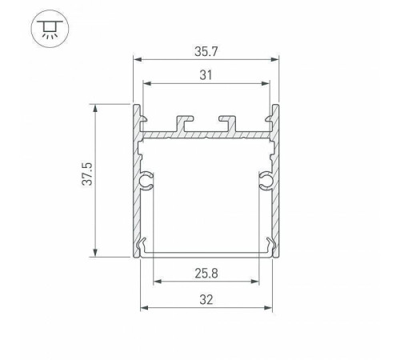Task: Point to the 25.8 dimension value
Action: (207, 272)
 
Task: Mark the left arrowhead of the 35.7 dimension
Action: (136, 60)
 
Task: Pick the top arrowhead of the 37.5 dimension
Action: (96, 107)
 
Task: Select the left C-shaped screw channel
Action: (147, 182)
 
